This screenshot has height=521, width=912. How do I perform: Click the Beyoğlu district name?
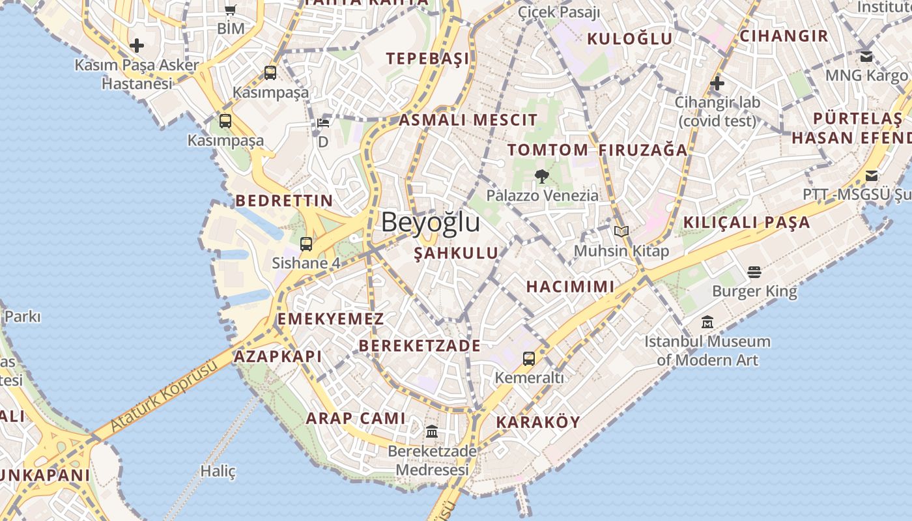[x=431, y=222]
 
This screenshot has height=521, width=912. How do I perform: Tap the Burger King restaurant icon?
[x=754, y=272]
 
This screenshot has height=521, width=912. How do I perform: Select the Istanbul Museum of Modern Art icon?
[x=707, y=322]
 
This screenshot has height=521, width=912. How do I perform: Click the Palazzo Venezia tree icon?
[x=541, y=175]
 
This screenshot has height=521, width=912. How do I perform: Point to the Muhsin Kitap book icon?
[x=621, y=231]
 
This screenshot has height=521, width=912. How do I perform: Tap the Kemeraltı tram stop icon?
[x=529, y=358]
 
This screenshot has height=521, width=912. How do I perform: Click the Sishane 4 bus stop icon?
[x=306, y=244]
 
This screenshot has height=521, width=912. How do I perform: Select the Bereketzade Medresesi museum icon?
[x=431, y=431]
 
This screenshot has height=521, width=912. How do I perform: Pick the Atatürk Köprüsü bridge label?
[x=163, y=397]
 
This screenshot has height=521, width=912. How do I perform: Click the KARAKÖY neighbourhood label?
[x=537, y=422]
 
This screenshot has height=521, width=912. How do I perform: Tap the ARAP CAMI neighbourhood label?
[x=356, y=418]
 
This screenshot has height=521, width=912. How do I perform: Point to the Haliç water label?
[x=218, y=471]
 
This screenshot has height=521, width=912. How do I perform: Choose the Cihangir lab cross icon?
[x=717, y=83]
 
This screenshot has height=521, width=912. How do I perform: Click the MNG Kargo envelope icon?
[x=866, y=57]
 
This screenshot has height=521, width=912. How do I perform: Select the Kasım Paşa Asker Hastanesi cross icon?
[x=137, y=46]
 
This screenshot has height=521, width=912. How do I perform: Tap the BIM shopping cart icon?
[x=230, y=10]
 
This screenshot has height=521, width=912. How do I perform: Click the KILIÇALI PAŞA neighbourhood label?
[x=747, y=223]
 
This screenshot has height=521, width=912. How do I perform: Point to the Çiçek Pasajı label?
[x=558, y=12]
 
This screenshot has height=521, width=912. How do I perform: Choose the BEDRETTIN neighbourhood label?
[x=284, y=201]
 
